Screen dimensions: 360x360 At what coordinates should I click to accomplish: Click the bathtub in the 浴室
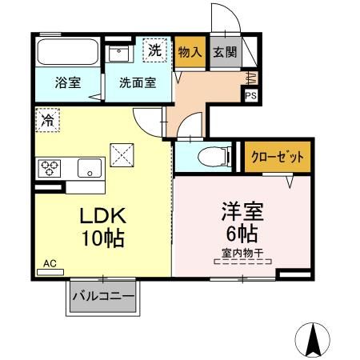(67, 52)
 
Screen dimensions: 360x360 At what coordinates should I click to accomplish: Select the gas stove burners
(50, 168)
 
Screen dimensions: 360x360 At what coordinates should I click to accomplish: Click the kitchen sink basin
(90, 168)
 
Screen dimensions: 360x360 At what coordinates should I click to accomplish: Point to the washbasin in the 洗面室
(119, 54)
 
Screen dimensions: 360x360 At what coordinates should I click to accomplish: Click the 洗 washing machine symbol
(154, 50)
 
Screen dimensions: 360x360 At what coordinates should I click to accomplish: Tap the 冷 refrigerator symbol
(47, 120)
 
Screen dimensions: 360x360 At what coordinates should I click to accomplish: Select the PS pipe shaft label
(251, 95)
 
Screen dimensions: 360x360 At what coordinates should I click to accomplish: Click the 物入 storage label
(190, 52)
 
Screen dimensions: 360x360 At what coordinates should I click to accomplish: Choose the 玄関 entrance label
(225, 52)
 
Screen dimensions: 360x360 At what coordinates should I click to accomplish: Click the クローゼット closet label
(278, 157)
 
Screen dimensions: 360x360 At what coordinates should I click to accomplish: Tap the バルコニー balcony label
(103, 296)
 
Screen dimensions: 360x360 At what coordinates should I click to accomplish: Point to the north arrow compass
(313, 340)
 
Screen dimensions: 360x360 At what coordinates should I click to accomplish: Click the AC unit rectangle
(50, 272)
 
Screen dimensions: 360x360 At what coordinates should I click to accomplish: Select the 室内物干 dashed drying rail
(242, 262)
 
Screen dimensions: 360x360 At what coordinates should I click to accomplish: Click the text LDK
(103, 216)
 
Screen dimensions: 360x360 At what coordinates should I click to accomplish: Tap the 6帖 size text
(242, 234)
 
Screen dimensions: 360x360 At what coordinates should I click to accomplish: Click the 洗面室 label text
(138, 82)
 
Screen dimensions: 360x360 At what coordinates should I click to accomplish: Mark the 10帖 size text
(103, 238)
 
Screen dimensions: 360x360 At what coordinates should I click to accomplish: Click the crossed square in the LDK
(122, 155)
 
